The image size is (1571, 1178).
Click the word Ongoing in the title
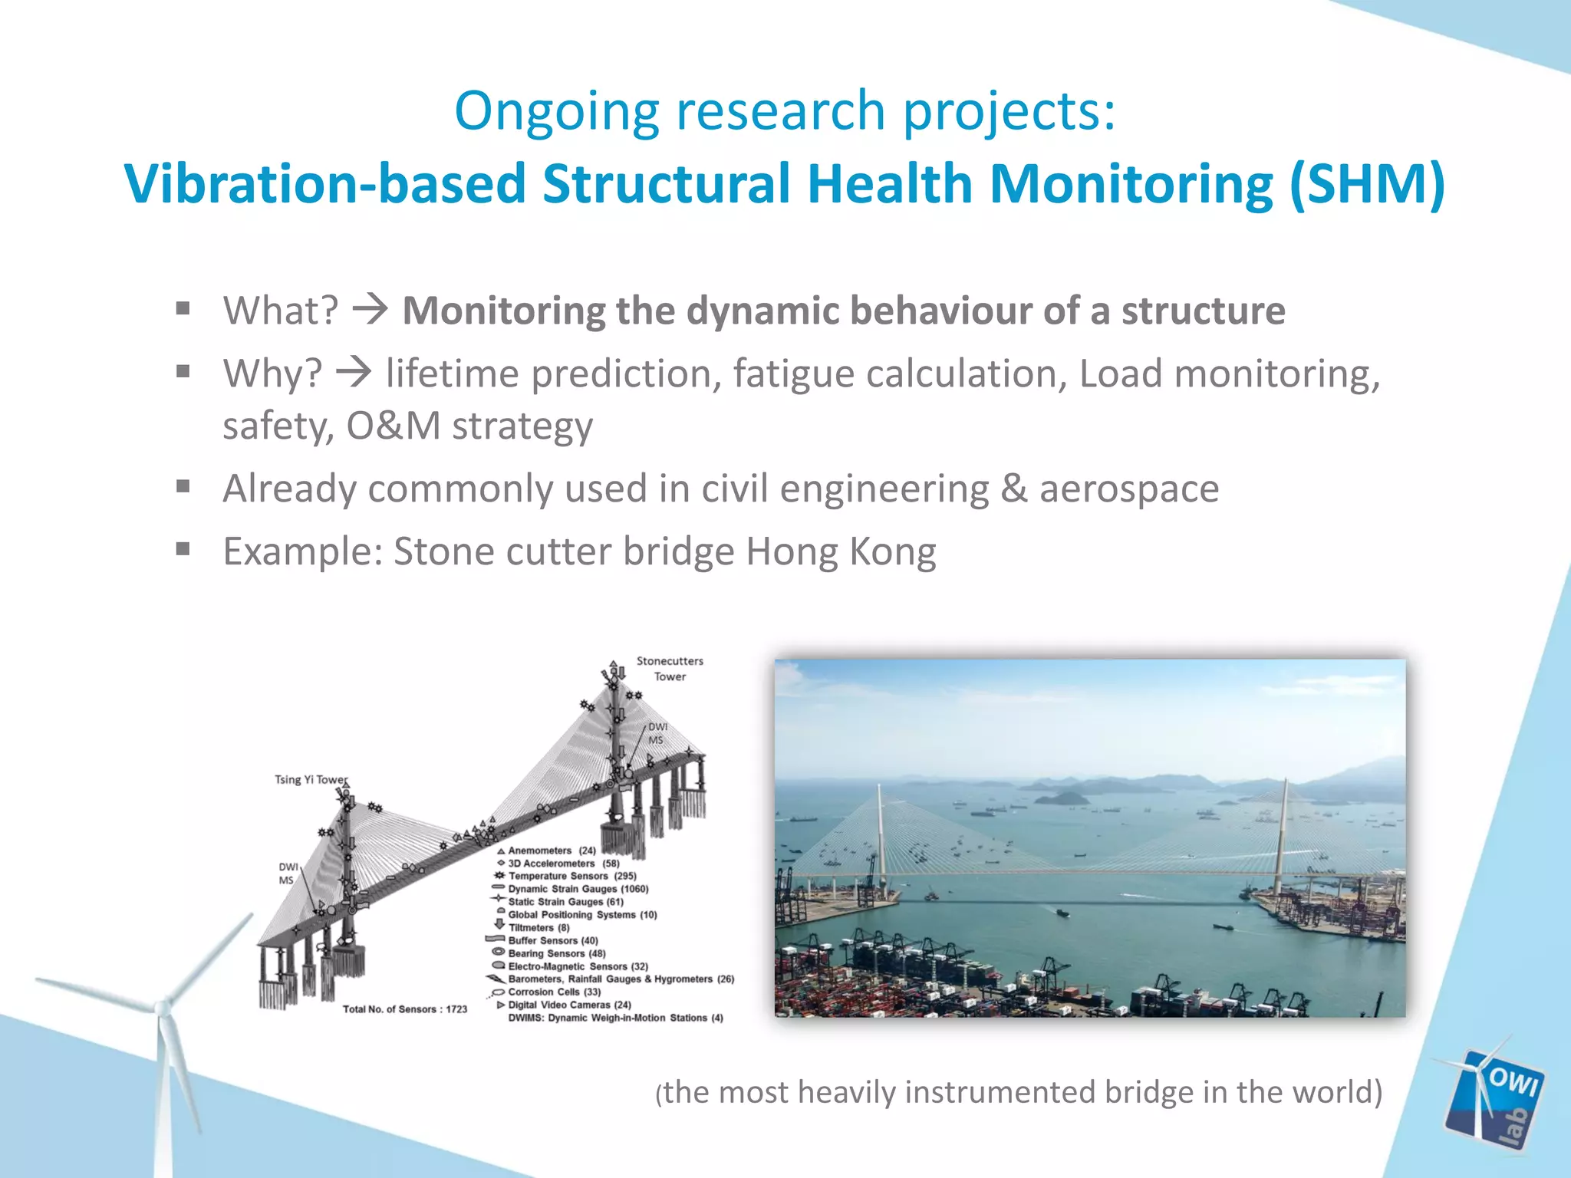(x=556, y=112)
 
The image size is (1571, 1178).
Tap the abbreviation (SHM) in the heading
(x=1367, y=184)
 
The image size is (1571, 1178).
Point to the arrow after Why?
(x=354, y=373)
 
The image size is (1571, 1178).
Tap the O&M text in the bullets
(x=393, y=426)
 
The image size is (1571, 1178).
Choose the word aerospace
(x=1128, y=489)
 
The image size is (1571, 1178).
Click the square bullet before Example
(x=183, y=549)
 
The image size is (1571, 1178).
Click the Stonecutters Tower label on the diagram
(x=670, y=668)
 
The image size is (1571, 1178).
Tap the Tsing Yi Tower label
(x=311, y=779)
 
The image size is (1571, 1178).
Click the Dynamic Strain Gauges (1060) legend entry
(x=578, y=889)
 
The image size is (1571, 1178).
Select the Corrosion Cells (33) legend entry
(x=554, y=992)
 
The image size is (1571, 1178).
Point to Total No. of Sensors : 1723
(x=404, y=1009)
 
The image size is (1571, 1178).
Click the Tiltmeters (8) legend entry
(x=538, y=927)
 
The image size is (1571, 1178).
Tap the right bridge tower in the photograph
(x=1284, y=828)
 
